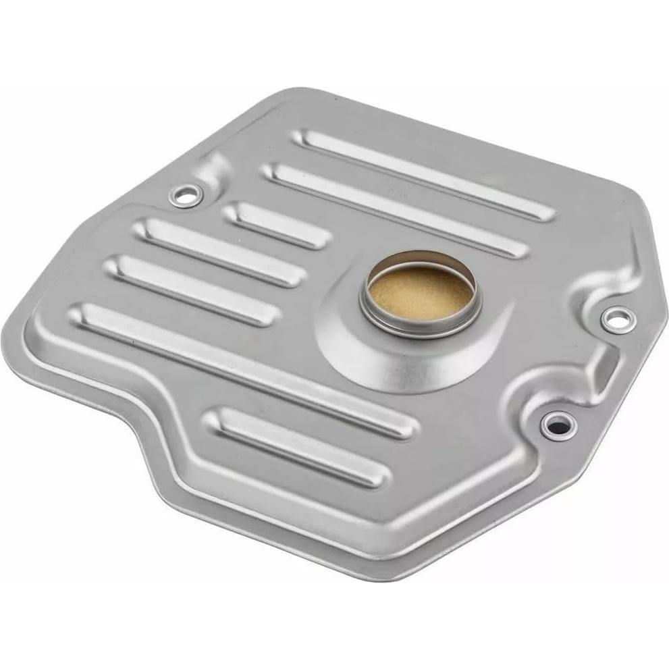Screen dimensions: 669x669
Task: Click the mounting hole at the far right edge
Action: pyautogui.click(x=616, y=317)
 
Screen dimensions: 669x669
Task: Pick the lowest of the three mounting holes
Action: pyautogui.click(x=558, y=425)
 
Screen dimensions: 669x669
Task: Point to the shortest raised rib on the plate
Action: pyautogui.click(x=277, y=225)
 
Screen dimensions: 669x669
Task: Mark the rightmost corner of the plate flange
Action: pyautogui.click(x=658, y=317)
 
